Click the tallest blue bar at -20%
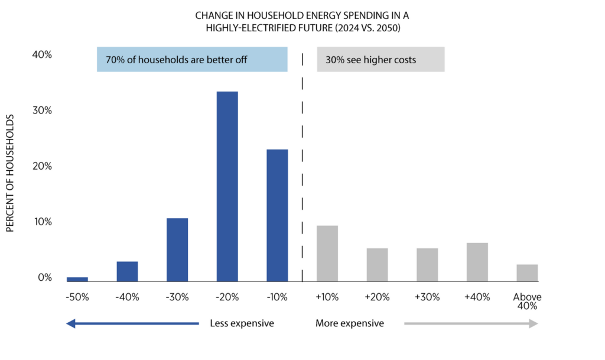pyautogui.click(x=227, y=186)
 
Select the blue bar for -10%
pyautogui.click(x=277, y=215)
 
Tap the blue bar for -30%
pyautogui.click(x=177, y=249)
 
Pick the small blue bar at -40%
pyautogui.click(x=127, y=271)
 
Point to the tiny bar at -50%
pyautogui.click(x=77, y=279)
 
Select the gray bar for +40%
pyautogui.click(x=477, y=262)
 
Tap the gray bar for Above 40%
pyautogui.click(x=527, y=273)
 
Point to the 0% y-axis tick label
pyautogui.click(x=45, y=278)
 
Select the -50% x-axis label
pyautogui.click(x=77, y=297)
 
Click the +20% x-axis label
pyautogui.click(x=377, y=297)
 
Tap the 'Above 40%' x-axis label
pyautogui.click(x=527, y=301)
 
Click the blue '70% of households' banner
pyautogui.click(x=192, y=60)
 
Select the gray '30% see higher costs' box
pyautogui.click(x=380, y=60)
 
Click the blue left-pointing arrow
pyautogui.click(x=132, y=323)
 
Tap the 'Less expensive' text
pyautogui.click(x=242, y=323)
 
